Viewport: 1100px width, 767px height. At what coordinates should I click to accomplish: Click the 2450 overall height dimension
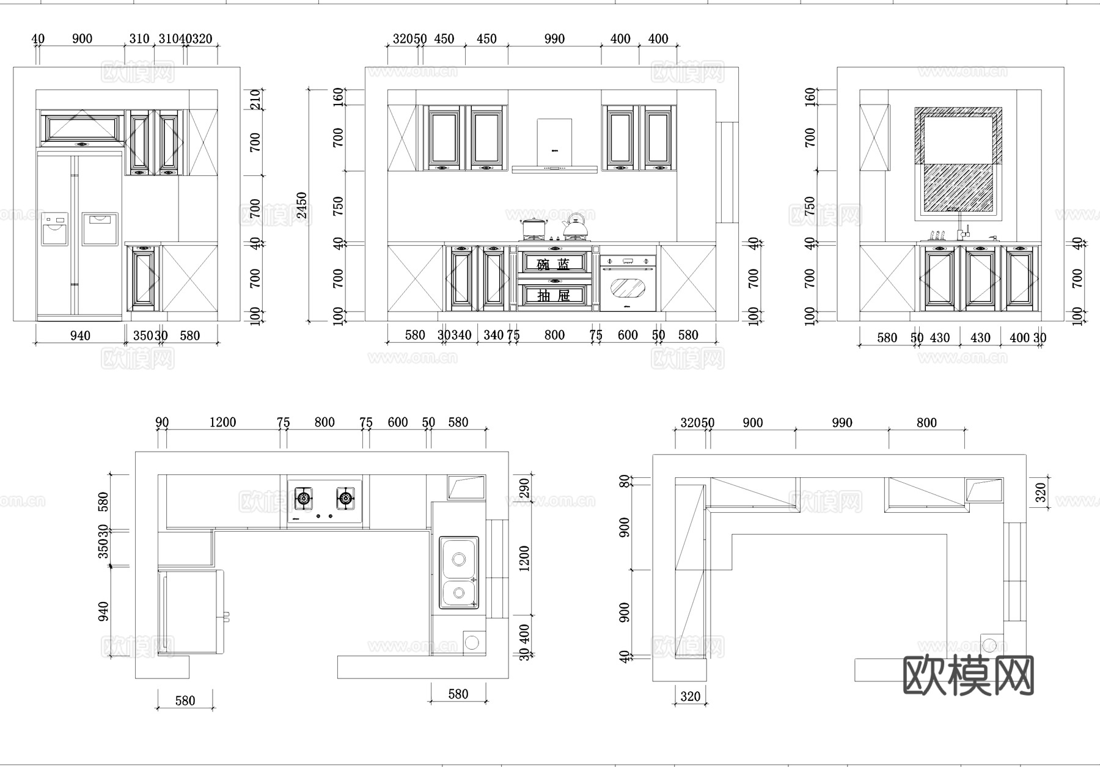tap(301, 205)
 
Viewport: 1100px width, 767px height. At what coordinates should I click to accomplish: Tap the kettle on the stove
tap(574, 227)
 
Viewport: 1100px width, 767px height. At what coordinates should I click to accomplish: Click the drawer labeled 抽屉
tap(554, 295)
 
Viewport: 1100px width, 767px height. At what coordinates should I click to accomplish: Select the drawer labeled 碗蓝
tap(554, 264)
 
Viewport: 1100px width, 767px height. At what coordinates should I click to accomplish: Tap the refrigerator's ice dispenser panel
tap(55, 230)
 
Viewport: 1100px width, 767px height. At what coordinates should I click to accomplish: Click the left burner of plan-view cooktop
tap(304, 499)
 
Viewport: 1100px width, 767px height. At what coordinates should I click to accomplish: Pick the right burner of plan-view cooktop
tap(345, 499)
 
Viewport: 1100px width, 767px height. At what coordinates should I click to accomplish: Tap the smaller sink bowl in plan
tap(458, 593)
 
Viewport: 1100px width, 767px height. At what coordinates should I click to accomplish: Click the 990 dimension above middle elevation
tap(554, 39)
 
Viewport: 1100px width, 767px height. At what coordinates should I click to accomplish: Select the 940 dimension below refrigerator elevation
tap(80, 336)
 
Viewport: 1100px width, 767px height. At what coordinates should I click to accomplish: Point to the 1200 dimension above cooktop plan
tap(222, 422)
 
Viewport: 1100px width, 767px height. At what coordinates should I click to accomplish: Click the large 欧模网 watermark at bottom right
tap(968, 675)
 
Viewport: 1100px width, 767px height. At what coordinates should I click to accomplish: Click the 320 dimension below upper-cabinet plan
tap(690, 696)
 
